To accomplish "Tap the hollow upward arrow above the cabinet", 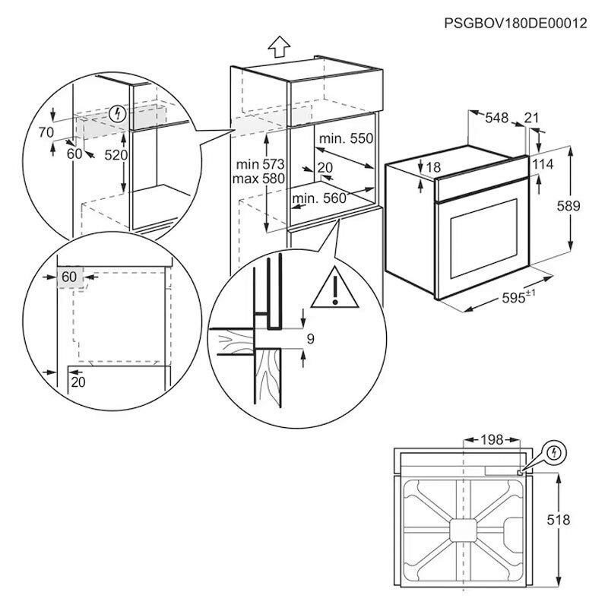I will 278,49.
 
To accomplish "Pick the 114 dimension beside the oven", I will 564,165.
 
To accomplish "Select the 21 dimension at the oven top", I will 533,118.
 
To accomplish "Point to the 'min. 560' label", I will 319,198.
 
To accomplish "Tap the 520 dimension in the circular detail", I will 116,154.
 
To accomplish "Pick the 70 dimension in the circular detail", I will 46,131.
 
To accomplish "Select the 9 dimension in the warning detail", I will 310,337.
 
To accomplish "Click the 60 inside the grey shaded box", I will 69,277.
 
